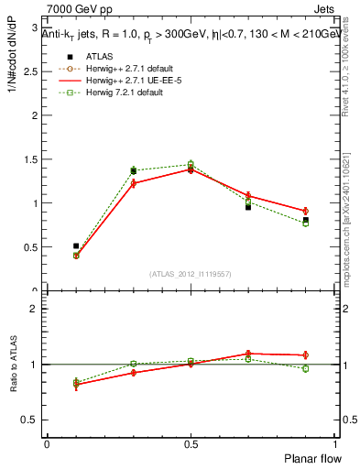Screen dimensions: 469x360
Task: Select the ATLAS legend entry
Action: [97, 57]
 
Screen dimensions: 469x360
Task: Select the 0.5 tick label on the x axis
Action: [191, 444]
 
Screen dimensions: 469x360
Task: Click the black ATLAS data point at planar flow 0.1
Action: [76, 245]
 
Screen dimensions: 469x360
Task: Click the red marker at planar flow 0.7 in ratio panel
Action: [248, 353]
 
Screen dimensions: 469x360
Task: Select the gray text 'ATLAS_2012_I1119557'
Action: [191, 274]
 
